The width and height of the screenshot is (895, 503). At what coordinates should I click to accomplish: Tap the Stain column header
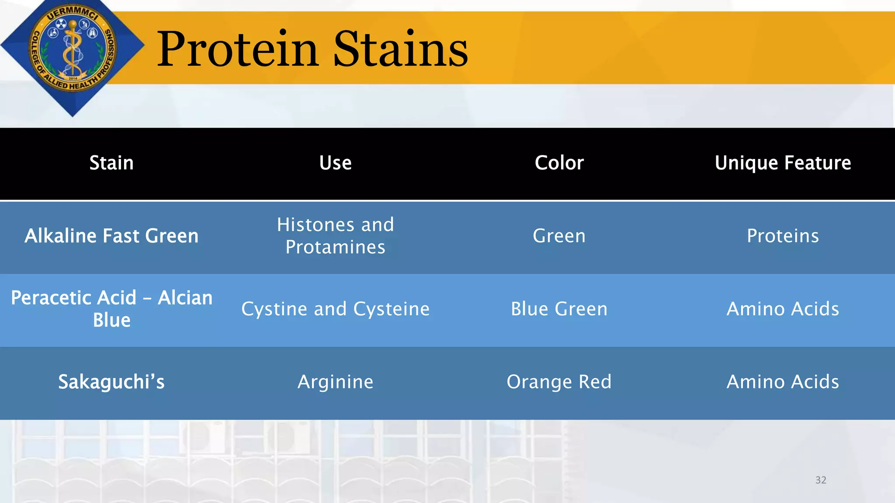(111, 163)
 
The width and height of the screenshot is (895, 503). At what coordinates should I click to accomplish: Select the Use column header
(335, 163)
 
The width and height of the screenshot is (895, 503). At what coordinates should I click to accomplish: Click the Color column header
(559, 163)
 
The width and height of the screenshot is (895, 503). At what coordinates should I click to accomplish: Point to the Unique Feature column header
(783, 163)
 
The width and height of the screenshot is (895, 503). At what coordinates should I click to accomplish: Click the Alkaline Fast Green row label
(111, 236)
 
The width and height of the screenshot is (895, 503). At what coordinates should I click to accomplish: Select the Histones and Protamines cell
(335, 236)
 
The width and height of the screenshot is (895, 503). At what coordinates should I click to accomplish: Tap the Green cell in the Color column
(559, 236)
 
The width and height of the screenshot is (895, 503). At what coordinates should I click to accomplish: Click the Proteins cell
(783, 236)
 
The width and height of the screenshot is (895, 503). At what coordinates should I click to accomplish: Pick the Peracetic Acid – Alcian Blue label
(111, 309)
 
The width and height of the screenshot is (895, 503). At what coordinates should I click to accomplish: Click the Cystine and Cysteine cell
(335, 309)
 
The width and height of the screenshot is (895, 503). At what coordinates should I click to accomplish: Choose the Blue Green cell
(559, 309)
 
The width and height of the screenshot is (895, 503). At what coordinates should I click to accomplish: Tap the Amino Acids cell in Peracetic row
(783, 309)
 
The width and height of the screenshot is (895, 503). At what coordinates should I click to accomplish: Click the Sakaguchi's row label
(111, 382)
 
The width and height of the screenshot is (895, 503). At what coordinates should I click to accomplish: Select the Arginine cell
(335, 382)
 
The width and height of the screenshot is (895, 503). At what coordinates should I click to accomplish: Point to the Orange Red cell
(559, 382)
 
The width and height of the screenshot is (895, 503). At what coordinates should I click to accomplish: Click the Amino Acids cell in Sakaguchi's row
(783, 382)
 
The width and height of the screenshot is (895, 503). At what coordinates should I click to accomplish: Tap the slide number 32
(821, 480)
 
